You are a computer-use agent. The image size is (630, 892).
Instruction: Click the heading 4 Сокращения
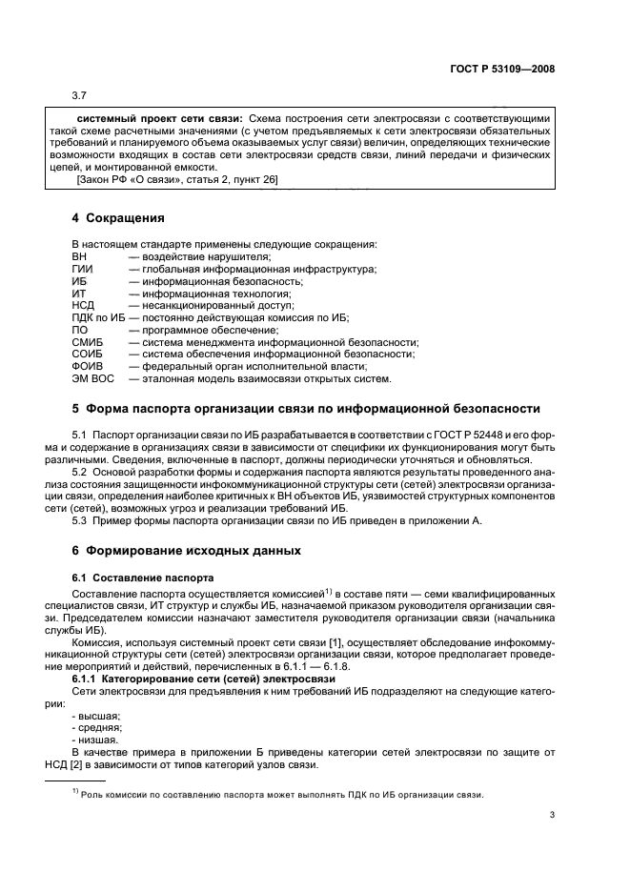118,218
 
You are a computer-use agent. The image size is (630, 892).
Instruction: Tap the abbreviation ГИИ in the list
83,270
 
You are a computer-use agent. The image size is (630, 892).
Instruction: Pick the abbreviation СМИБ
87,341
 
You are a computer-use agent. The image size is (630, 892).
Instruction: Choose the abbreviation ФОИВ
87,366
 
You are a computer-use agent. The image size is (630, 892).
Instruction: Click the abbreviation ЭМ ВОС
92,378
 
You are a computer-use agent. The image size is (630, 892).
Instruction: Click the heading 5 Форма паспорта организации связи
306,409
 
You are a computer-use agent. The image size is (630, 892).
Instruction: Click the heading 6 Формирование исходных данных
186,551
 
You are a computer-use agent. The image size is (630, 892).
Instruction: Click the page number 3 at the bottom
553,815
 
